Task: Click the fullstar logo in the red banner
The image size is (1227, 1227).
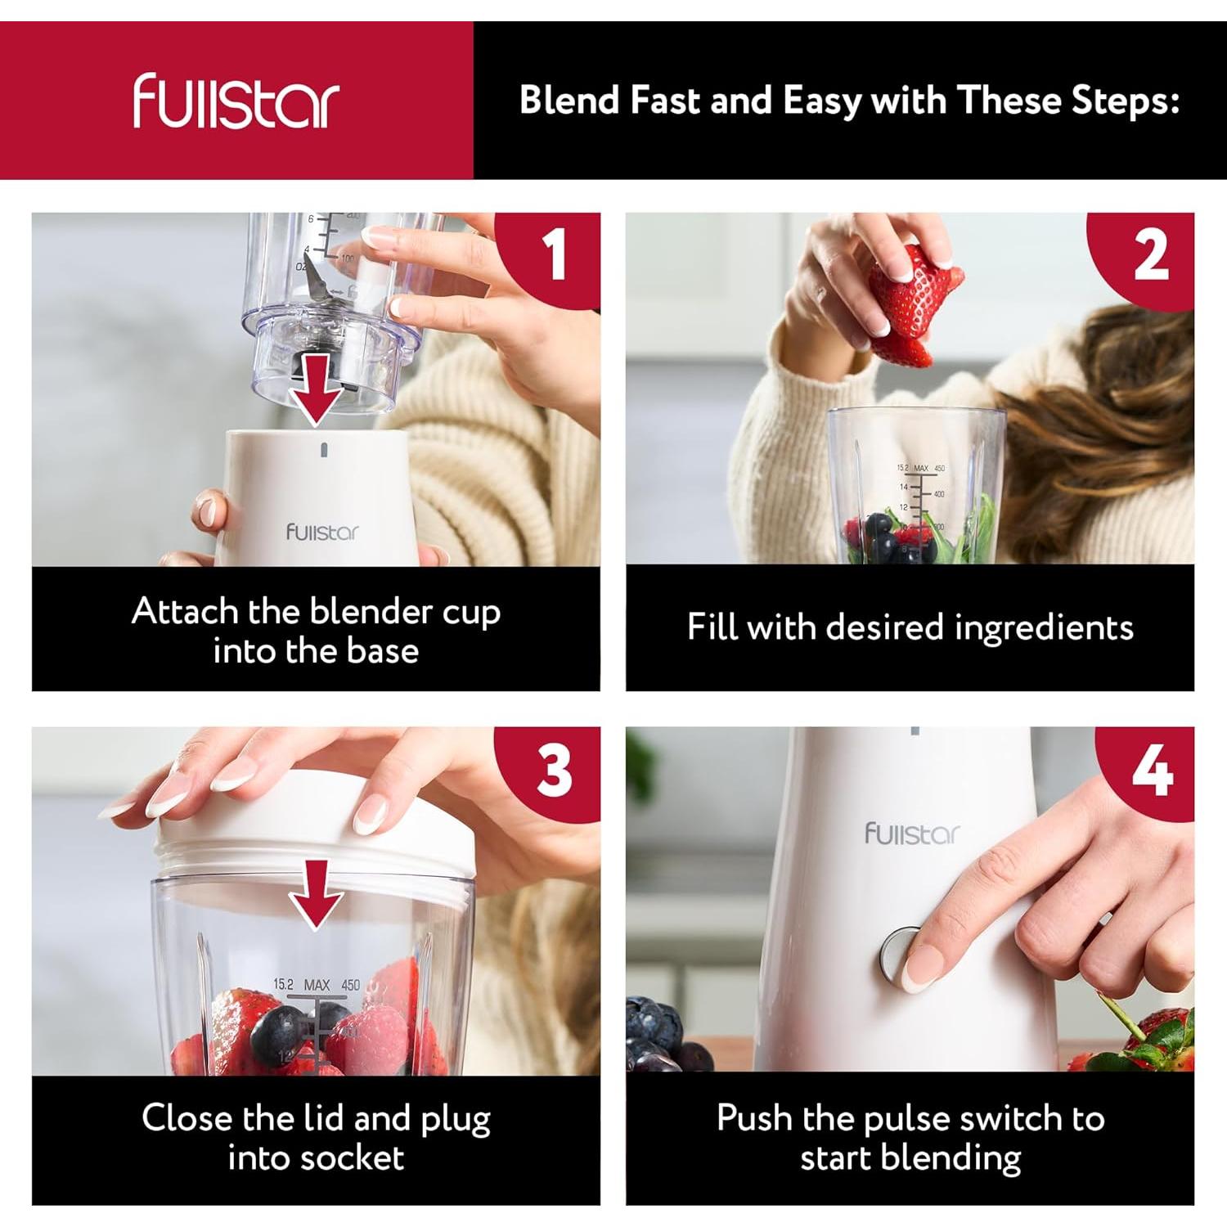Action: [x=236, y=101]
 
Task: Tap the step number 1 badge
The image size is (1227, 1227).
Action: [x=555, y=254]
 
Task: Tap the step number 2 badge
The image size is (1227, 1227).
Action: [x=1150, y=256]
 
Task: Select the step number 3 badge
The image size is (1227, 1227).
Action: [x=555, y=770]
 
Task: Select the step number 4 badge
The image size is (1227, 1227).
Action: [x=1152, y=770]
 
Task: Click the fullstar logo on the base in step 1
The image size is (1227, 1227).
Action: [x=322, y=533]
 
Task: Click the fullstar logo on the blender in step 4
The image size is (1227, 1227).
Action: [x=912, y=834]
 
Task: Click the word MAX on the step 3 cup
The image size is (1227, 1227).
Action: [x=317, y=985]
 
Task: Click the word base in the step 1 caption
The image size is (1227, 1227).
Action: [x=382, y=651]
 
